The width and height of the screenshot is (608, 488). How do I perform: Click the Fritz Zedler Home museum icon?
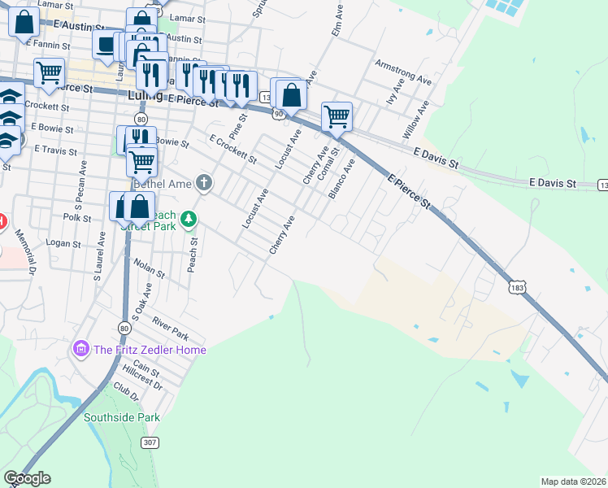(80, 350)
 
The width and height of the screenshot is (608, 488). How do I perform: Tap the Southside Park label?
(121, 417)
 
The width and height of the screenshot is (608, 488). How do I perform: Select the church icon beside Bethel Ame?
(203, 184)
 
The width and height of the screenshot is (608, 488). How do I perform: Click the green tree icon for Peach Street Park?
(189, 219)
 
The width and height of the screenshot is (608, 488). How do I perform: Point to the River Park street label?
(170, 331)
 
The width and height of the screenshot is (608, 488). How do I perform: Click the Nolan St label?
(150, 268)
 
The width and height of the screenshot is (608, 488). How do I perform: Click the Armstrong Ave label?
(402, 72)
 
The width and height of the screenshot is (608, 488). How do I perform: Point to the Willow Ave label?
(415, 120)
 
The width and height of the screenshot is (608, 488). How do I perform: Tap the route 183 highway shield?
(518, 288)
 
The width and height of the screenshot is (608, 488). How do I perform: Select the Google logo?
(27, 478)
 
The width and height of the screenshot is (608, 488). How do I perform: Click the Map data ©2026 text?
(573, 481)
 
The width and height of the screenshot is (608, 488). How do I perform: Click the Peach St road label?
(193, 256)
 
